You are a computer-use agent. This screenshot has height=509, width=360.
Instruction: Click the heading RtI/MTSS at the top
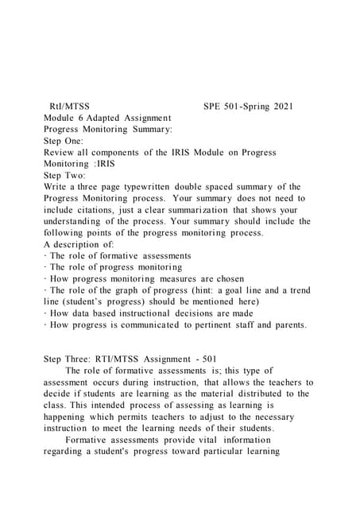[x=69, y=105]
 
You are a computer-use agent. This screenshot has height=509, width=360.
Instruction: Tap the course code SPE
[x=214, y=105]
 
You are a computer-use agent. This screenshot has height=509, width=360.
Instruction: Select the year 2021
[x=279, y=105]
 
